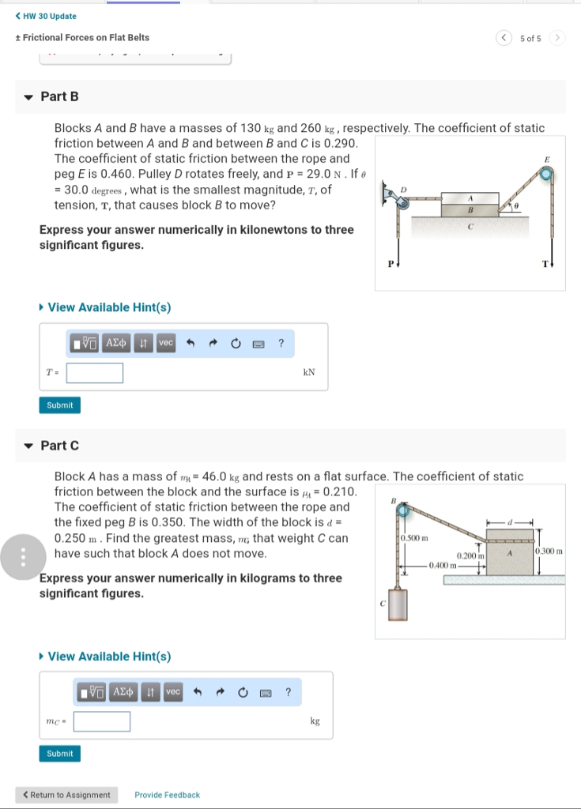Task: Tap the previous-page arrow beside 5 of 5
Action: pyautogui.click(x=504, y=38)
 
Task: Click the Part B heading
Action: pyautogui.click(x=59, y=96)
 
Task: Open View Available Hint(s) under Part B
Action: pyautogui.click(x=109, y=307)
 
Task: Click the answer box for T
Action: pyautogui.click(x=95, y=373)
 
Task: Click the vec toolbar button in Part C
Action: pyautogui.click(x=172, y=692)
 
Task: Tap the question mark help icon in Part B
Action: pyautogui.click(x=281, y=343)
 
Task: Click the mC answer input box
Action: pyautogui.click(x=103, y=721)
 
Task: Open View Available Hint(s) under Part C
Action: pyautogui.click(x=109, y=657)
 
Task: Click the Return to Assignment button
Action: pyautogui.click(x=66, y=795)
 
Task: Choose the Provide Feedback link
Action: pyautogui.click(x=167, y=795)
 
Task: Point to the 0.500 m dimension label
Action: pyautogui.click(x=415, y=538)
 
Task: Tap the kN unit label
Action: pyautogui.click(x=309, y=373)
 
